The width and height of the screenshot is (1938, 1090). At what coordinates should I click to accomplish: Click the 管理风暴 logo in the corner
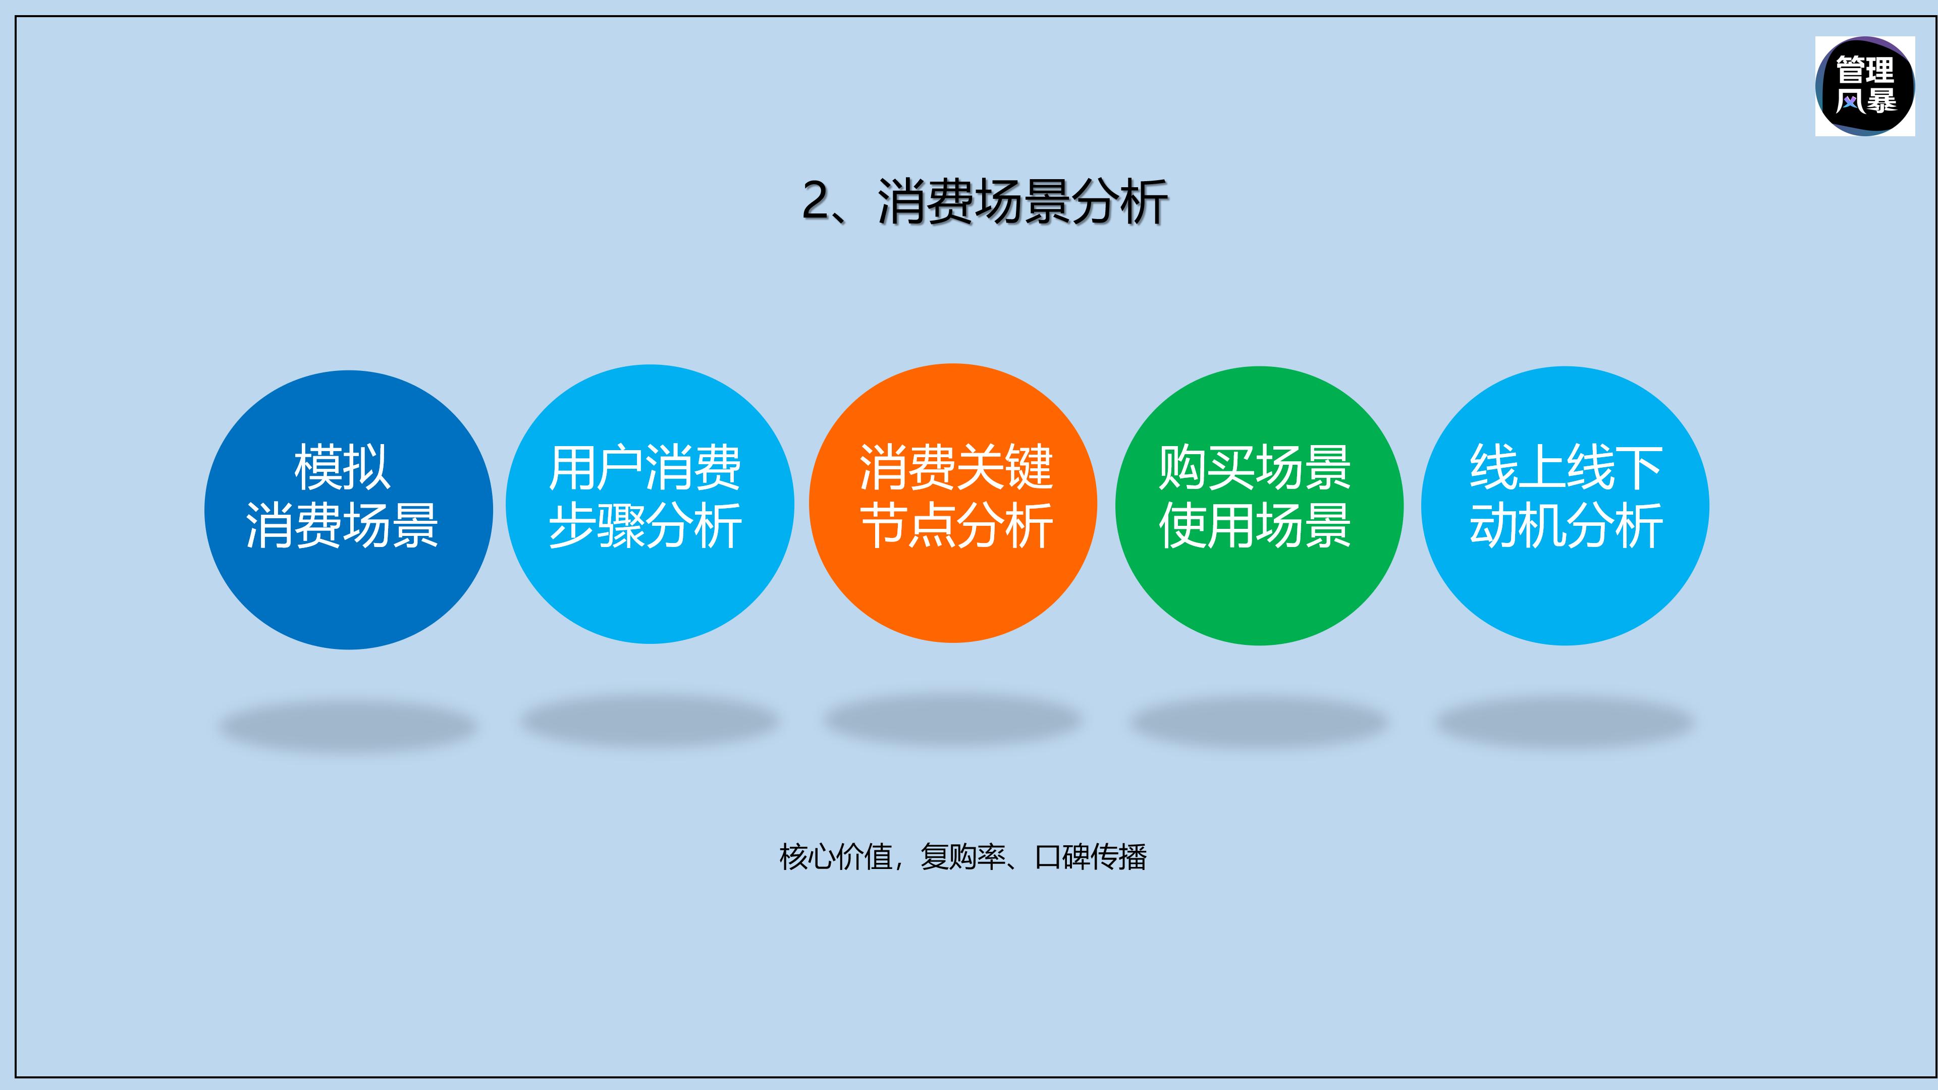tap(1864, 86)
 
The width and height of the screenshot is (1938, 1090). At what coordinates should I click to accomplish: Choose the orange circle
tap(952, 587)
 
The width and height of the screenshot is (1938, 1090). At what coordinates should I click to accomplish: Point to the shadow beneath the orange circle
tap(952, 720)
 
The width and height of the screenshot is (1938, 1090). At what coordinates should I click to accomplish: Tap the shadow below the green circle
tap(1257, 722)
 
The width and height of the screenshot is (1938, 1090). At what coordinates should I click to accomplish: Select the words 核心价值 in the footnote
tap(835, 857)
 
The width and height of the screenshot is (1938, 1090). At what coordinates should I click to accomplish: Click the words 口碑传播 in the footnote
tap(1090, 857)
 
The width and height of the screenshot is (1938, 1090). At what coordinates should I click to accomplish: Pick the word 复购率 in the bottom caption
tap(963, 857)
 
